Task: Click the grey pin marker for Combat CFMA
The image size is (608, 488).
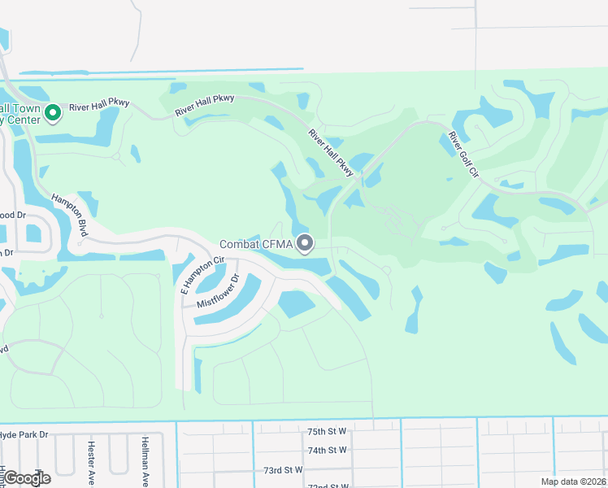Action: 306,243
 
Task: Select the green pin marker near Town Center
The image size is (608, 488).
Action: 54,112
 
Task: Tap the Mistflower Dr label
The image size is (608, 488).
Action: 218,290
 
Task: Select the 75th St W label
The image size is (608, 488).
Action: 327,431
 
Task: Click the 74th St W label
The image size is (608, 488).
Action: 327,450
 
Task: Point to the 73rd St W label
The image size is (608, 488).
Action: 282,469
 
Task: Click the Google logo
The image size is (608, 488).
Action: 26,478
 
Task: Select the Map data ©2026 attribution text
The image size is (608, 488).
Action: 573,481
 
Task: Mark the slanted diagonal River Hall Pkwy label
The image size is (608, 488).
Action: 332,152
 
